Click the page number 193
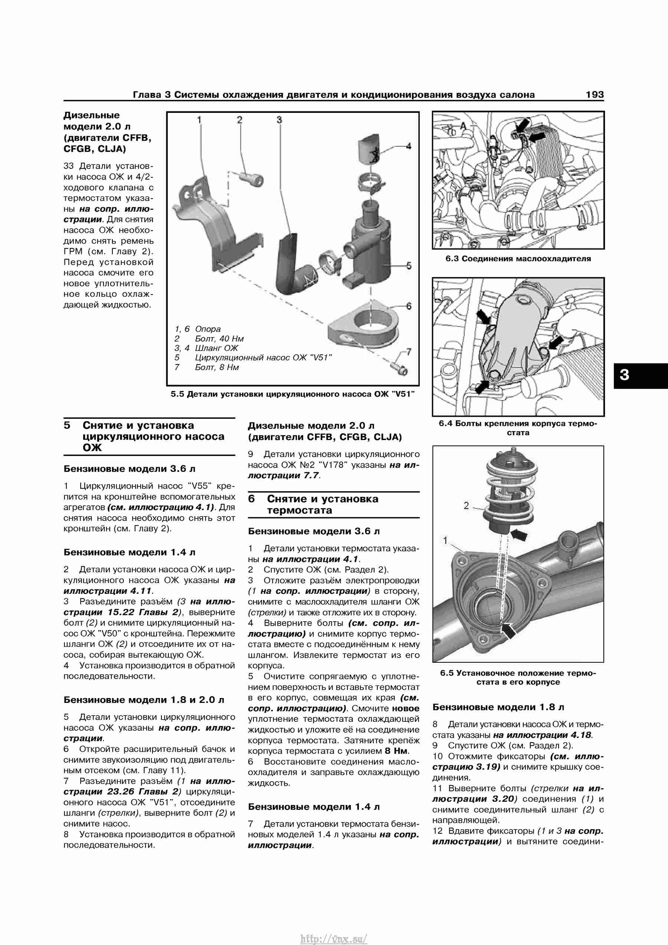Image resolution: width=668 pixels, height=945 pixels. tap(595, 95)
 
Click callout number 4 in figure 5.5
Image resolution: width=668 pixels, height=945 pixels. tap(409, 146)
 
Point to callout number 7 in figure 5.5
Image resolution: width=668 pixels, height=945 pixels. tap(409, 352)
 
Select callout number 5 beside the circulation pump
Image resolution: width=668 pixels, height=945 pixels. tap(409, 266)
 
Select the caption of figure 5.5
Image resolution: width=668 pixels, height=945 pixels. tap(292, 394)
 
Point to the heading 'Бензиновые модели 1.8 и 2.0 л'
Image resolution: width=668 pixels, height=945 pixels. tap(144, 700)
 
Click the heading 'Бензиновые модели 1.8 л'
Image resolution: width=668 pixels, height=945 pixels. tap(498, 707)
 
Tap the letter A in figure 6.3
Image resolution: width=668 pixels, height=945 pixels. tap(463, 126)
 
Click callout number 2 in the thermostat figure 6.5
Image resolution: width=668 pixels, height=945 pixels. tap(466, 505)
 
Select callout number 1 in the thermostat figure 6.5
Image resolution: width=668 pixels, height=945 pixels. tap(445, 540)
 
